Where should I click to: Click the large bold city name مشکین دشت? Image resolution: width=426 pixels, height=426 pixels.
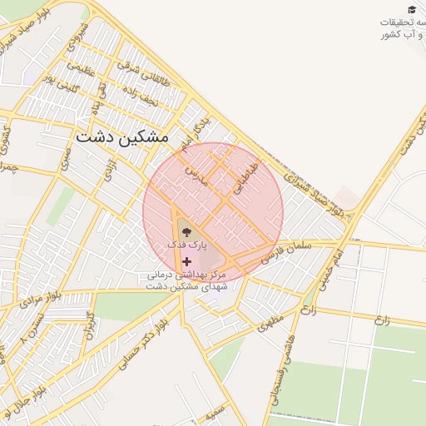coord(121,136)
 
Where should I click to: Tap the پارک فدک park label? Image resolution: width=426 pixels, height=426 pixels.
coord(184,246)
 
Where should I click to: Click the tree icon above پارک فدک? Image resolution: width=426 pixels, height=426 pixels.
coord(185,232)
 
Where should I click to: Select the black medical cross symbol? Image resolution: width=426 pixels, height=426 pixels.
coord(186,261)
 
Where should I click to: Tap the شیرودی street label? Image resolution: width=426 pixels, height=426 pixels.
coord(82,34)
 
